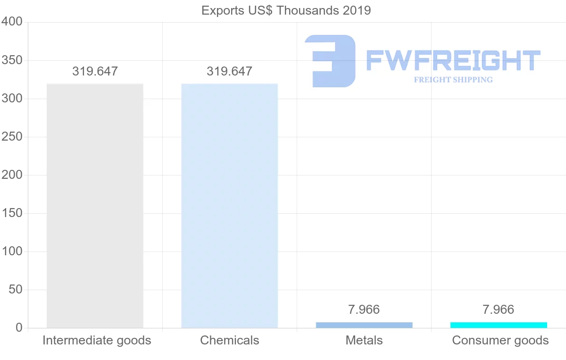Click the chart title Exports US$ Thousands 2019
tap(286, 10)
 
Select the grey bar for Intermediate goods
tap(95, 206)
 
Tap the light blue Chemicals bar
tap(229, 206)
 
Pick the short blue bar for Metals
tap(364, 325)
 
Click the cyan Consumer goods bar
tap(499, 325)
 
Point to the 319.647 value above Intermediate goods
tap(95, 72)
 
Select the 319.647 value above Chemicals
tap(229, 72)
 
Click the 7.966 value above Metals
tap(364, 310)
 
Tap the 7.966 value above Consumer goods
tap(499, 310)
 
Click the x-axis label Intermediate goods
tap(97, 341)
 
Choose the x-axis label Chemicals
tap(230, 341)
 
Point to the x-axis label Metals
tap(364, 341)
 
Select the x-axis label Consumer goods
tap(500, 341)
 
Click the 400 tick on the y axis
tap(11, 22)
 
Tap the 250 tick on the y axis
tap(11, 137)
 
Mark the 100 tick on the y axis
tap(11, 251)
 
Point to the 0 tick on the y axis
tap(19, 328)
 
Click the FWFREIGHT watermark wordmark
tap(453, 60)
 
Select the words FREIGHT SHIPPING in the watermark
tap(453, 80)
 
